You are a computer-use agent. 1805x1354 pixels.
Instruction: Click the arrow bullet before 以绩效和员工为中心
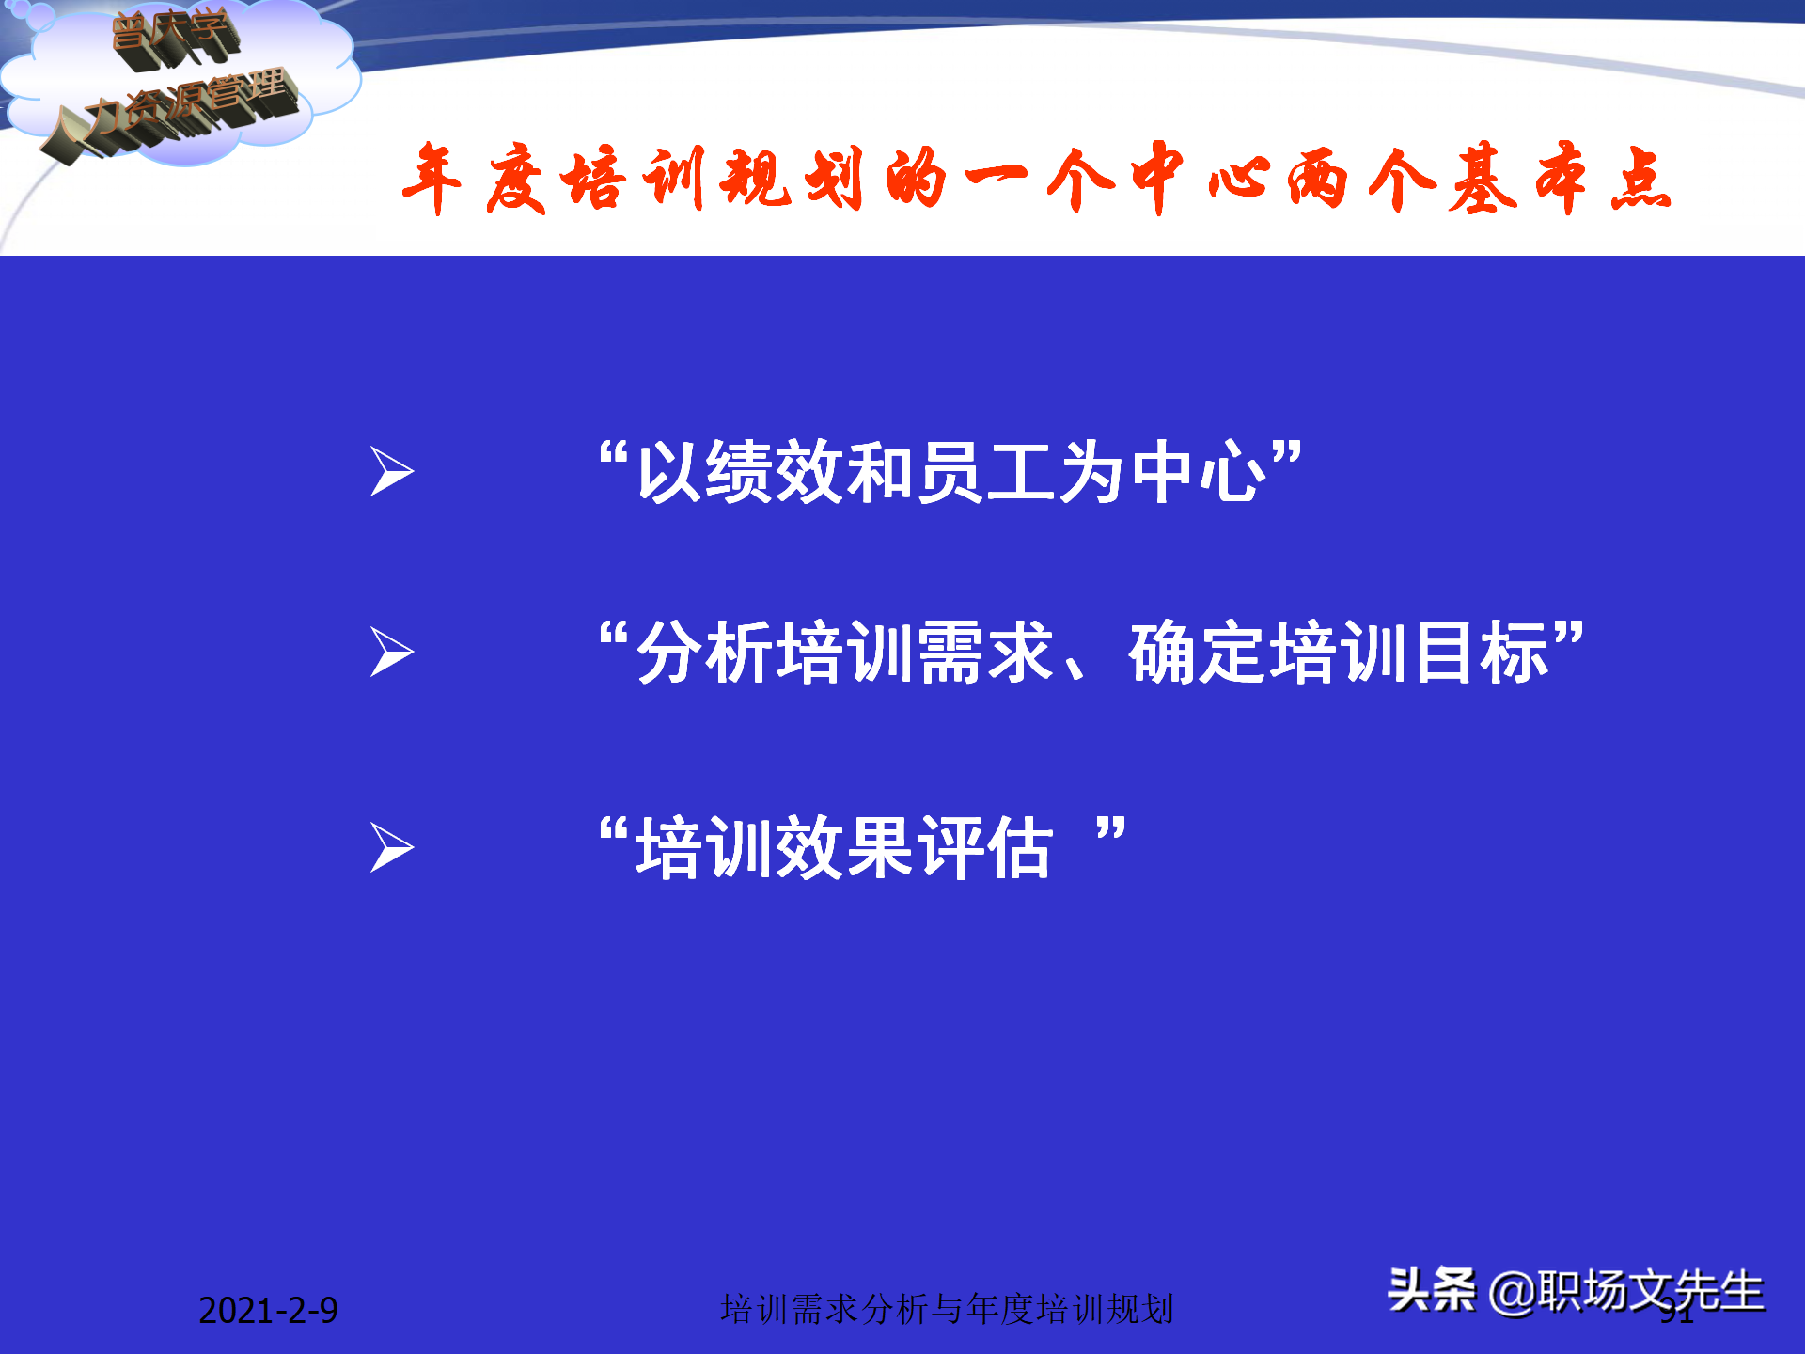[391, 471]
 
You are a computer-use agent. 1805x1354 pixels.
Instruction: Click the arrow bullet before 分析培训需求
[391, 652]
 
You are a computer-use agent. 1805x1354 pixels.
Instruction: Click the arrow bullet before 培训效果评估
[391, 847]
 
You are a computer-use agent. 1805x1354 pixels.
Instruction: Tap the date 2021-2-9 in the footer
[268, 1310]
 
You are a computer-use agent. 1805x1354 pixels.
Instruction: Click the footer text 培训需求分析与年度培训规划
[947, 1309]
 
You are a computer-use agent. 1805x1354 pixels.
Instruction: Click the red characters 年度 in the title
[474, 179]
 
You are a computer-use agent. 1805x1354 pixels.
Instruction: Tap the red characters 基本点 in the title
[1561, 179]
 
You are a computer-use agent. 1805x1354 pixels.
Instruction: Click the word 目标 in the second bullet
[1481, 653]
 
